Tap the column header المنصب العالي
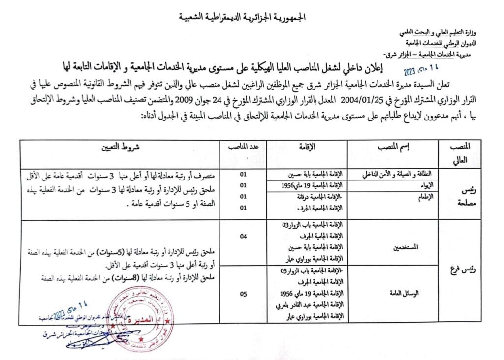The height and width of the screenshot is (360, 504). tap(461, 153)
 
